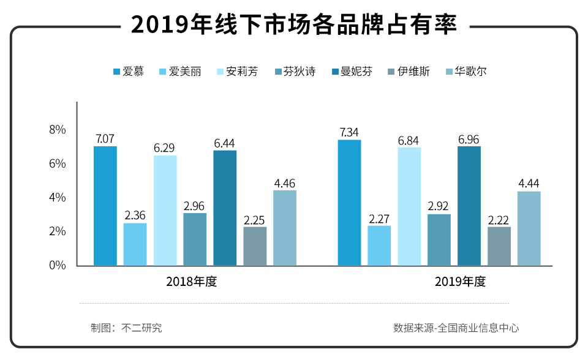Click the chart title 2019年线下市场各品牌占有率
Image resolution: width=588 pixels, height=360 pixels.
[294, 24]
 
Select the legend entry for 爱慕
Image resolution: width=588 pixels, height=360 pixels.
[129, 72]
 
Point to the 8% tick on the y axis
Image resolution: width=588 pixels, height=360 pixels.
[58, 130]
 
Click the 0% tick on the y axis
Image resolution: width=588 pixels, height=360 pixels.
[58, 266]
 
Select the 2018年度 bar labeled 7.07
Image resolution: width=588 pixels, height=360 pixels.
[105, 206]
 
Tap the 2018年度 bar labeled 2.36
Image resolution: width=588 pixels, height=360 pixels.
[135, 244]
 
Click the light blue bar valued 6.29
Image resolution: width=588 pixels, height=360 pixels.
[165, 211]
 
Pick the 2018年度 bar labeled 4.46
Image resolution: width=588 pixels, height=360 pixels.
[285, 228]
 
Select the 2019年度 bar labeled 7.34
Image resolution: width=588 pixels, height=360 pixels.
[350, 203]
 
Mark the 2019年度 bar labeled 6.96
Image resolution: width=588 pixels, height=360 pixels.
[469, 206]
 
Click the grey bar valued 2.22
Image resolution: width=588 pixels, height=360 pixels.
[499, 246]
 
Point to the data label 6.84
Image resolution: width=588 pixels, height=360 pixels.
[409, 141]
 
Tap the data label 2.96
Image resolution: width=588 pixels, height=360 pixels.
[195, 206]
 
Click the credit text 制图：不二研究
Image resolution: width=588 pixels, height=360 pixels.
[126, 328]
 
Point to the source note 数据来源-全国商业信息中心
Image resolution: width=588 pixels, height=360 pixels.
[456, 328]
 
